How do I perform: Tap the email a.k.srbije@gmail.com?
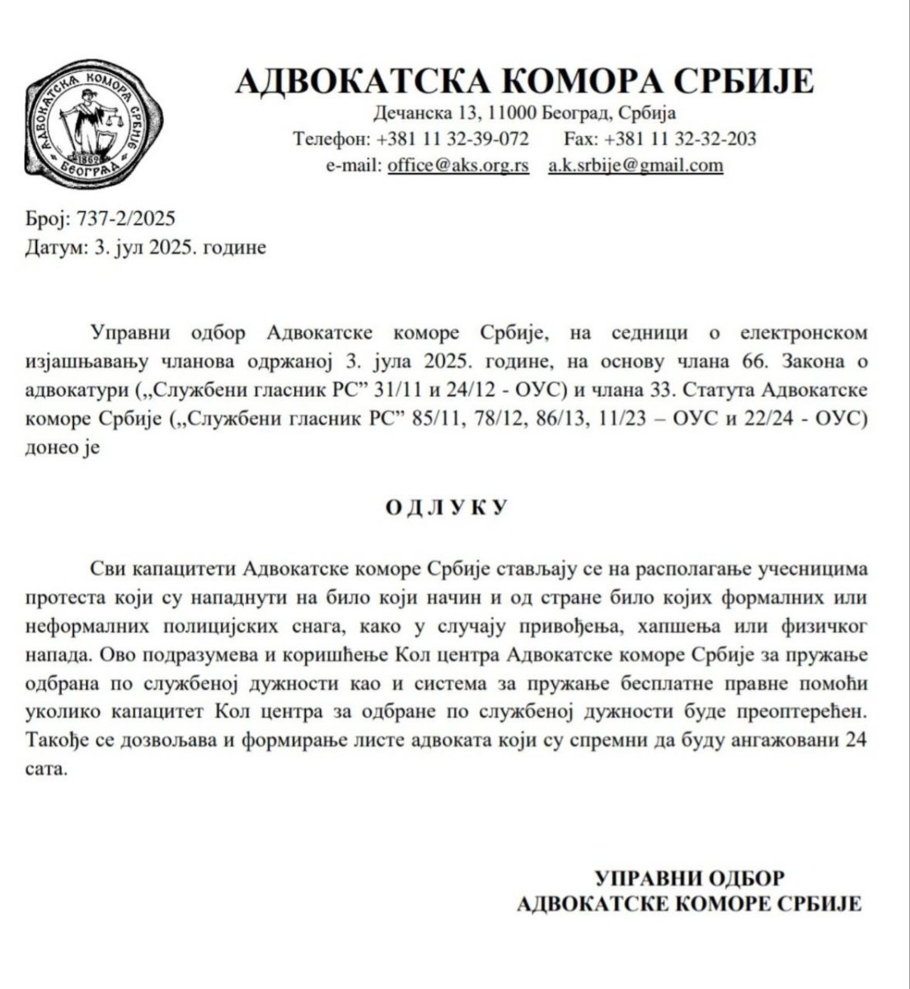[x=636, y=165]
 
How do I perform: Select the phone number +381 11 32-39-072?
[x=453, y=138]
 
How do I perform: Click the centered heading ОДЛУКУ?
[x=445, y=506]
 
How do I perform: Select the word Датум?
[x=54, y=246]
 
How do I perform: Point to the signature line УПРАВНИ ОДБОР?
[x=690, y=875]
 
